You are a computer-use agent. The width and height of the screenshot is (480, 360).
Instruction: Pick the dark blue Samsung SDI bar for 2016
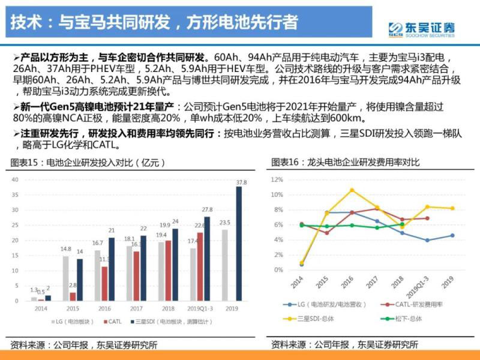[112, 269]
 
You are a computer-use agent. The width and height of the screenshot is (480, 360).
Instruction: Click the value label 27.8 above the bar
[207, 209]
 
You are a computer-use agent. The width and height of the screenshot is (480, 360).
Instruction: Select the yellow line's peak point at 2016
[352, 190]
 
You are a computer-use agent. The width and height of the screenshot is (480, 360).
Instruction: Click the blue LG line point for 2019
[452, 235]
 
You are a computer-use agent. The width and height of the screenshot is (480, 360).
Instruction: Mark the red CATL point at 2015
[327, 233]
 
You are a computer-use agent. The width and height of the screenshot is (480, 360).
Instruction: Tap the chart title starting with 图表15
[88, 162]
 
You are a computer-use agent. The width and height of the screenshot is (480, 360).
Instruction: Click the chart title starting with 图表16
[345, 162]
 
